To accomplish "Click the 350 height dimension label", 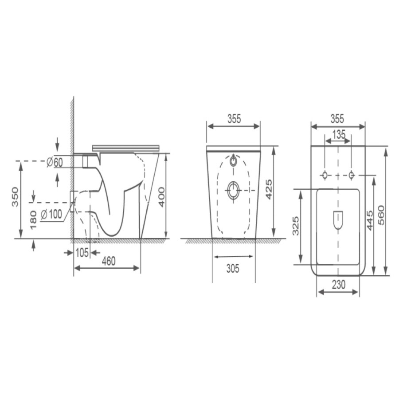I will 16,197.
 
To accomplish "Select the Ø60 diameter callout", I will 55,162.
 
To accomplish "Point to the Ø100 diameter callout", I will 51,215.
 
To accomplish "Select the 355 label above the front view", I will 234,119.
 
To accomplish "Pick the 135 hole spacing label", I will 338,135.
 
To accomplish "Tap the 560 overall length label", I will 381,215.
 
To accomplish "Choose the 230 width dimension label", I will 338,285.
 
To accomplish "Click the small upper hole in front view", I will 234,161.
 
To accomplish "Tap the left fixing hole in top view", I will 325,175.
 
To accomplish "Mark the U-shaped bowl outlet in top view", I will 338,220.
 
